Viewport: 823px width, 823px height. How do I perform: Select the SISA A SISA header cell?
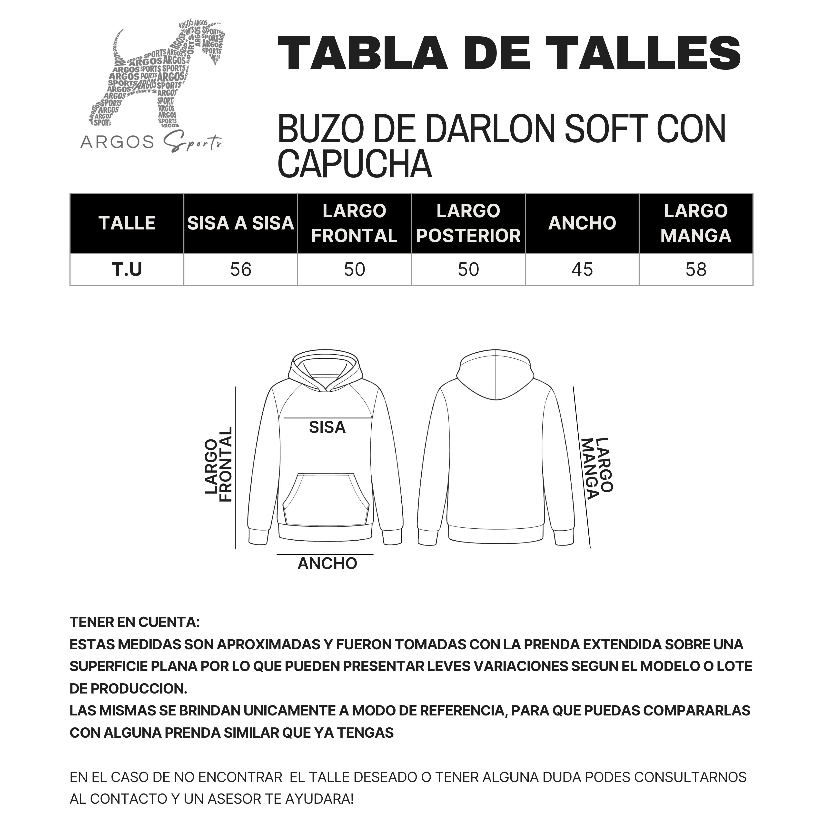[241, 223]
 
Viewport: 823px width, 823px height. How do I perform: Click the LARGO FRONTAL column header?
[354, 223]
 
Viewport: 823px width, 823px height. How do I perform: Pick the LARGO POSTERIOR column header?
[468, 223]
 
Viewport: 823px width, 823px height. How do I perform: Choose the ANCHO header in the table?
[582, 223]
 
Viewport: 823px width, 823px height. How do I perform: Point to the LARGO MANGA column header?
[696, 223]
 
